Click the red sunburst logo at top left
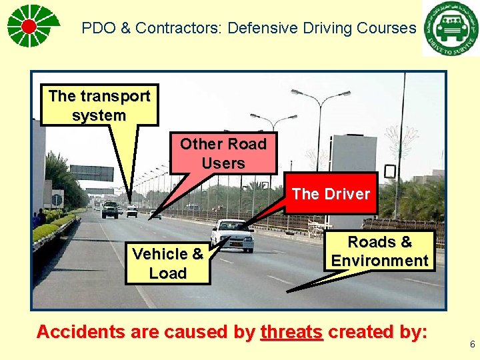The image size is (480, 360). coord(29,26)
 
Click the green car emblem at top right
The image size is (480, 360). coord(450,29)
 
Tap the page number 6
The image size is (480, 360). coord(472,345)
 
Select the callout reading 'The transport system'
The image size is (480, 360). coord(99,105)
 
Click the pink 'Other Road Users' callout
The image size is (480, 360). coord(223,153)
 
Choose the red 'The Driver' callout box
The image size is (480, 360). coord(331,194)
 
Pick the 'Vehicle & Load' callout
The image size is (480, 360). coord(167,263)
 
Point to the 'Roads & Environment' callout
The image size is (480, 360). coord(380,251)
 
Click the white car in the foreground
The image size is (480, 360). coord(232,235)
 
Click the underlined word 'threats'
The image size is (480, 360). coord(292,332)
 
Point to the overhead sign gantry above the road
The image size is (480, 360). coord(91,173)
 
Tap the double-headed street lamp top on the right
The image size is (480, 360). coord(321,95)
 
